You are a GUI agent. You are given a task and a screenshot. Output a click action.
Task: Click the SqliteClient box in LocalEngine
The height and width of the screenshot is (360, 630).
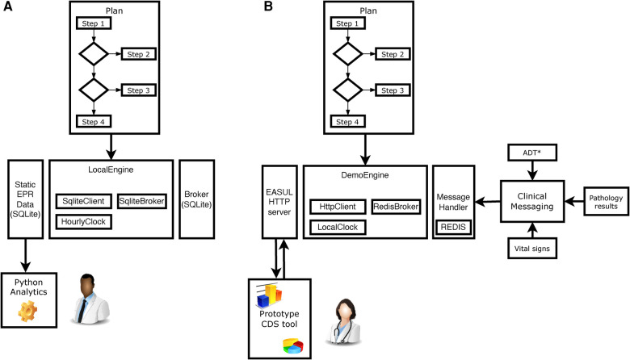pyautogui.click(x=83, y=201)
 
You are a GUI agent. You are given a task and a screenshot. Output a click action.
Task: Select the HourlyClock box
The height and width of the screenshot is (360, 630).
pyautogui.click(x=83, y=221)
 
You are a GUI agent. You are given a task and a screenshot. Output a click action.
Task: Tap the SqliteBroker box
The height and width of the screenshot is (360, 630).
pyautogui.click(x=142, y=201)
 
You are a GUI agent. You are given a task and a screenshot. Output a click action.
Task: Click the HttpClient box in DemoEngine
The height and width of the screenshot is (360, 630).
pyautogui.click(x=338, y=207)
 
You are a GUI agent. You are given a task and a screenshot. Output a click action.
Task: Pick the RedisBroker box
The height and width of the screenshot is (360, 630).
pyautogui.click(x=396, y=207)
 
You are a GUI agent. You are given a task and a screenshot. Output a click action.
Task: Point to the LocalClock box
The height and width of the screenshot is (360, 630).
pyautogui.click(x=338, y=227)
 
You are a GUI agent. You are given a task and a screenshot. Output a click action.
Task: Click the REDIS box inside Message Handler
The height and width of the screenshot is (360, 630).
pyautogui.click(x=453, y=227)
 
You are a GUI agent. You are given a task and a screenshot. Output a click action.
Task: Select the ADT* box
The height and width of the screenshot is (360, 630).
pyautogui.click(x=532, y=153)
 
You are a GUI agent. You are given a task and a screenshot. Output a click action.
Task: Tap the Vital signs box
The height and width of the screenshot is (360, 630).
pyautogui.click(x=532, y=249)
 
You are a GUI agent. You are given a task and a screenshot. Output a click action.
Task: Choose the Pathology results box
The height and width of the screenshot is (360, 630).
pyautogui.click(x=606, y=202)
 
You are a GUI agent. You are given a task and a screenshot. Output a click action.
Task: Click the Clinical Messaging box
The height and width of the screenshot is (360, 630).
pyautogui.click(x=532, y=201)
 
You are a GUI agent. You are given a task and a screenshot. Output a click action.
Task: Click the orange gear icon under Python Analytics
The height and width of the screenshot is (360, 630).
pyautogui.click(x=27, y=311)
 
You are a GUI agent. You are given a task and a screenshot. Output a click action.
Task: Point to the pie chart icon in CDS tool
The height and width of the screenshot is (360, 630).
pyautogui.click(x=293, y=346)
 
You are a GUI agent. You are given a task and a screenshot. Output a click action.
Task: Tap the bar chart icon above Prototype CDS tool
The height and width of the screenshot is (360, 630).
pyautogui.click(x=269, y=295)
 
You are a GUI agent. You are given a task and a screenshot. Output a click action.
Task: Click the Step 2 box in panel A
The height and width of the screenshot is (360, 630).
pyautogui.click(x=139, y=54)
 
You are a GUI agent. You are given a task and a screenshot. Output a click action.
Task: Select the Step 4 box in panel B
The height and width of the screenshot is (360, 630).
pyautogui.click(x=348, y=122)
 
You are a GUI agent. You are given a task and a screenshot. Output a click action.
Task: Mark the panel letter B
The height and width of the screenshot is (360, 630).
pyautogui.click(x=268, y=6)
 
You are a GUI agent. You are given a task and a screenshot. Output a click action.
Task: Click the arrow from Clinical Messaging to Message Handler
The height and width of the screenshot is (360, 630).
pyautogui.click(x=487, y=202)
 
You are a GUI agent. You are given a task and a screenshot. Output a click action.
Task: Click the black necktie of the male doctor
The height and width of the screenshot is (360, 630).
pyautogui.click(x=82, y=309)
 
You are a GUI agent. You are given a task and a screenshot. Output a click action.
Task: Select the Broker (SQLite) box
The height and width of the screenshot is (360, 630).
pyautogui.click(x=196, y=199)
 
